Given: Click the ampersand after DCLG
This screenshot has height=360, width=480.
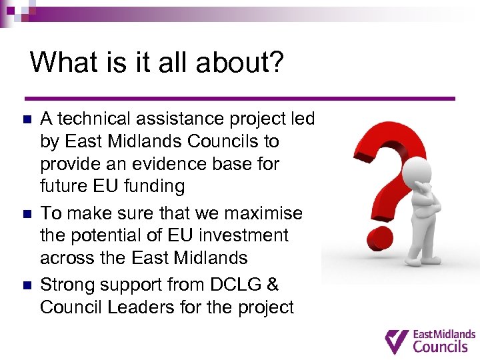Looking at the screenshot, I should [x=272, y=285].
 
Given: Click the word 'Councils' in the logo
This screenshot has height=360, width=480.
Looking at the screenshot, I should [x=441, y=346].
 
